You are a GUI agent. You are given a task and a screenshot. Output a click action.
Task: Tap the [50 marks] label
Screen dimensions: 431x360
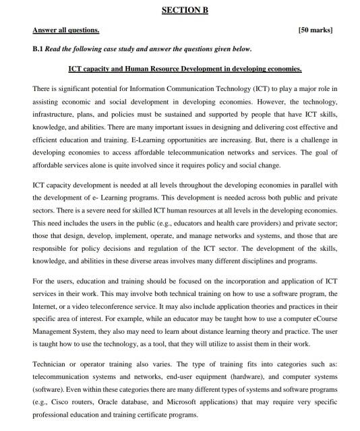[x=315, y=31]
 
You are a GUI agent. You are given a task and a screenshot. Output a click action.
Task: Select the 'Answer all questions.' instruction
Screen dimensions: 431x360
[x=65, y=31]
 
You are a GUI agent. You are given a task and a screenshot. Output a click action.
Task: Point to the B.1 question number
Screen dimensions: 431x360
[x=38, y=49]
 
